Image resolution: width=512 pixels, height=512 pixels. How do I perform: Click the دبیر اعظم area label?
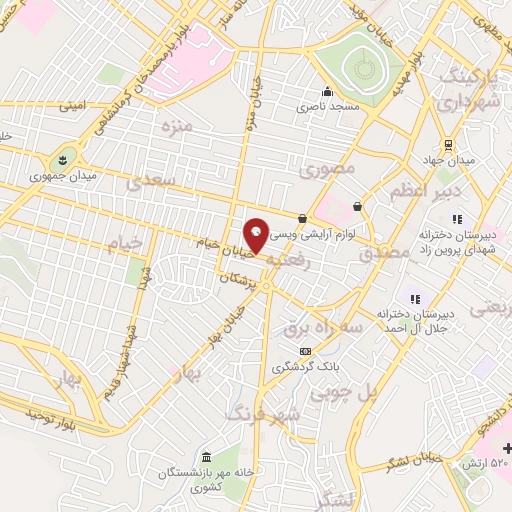429,190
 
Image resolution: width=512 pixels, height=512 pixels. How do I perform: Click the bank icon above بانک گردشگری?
305,351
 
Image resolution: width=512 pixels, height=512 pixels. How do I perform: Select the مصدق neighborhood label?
382,254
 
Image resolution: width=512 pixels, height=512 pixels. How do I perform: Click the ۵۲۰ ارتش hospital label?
483,463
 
